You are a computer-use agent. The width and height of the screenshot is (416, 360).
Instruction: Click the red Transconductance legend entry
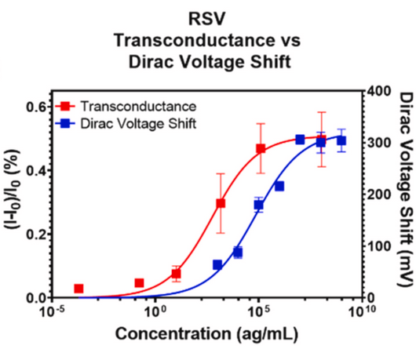(130, 105)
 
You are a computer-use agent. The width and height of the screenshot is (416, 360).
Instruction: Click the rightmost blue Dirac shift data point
(341, 140)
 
